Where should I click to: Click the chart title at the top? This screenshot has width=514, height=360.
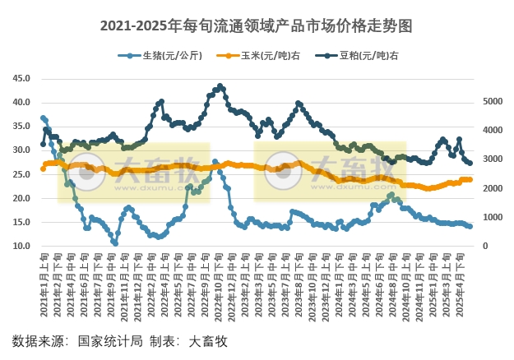(x=257, y=26)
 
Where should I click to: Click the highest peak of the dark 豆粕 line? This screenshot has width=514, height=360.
(x=219, y=85)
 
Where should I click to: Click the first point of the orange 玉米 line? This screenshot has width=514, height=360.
(x=43, y=168)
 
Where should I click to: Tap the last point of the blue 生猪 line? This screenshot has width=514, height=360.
(x=470, y=226)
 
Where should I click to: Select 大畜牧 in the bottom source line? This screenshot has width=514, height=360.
(x=207, y=340)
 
